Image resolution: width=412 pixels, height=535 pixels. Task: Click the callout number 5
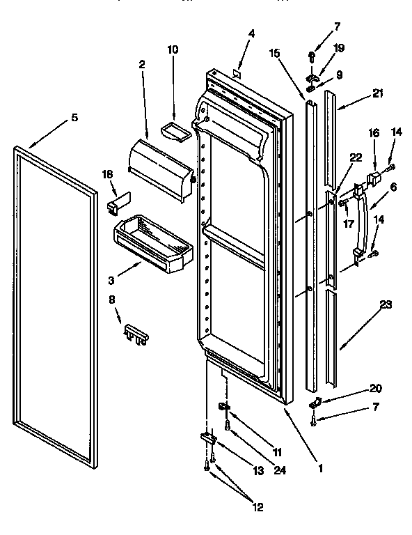tap(74, 117)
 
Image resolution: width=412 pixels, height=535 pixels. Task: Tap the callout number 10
tap(173, 49)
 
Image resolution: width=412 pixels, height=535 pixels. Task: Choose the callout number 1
tap(320, 469)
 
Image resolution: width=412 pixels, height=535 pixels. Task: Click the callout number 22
tap(355, 157)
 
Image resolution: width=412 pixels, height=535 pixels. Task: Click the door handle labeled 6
tap(360, 224)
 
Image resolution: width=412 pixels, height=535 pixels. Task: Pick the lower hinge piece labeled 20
tap(315, 403)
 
